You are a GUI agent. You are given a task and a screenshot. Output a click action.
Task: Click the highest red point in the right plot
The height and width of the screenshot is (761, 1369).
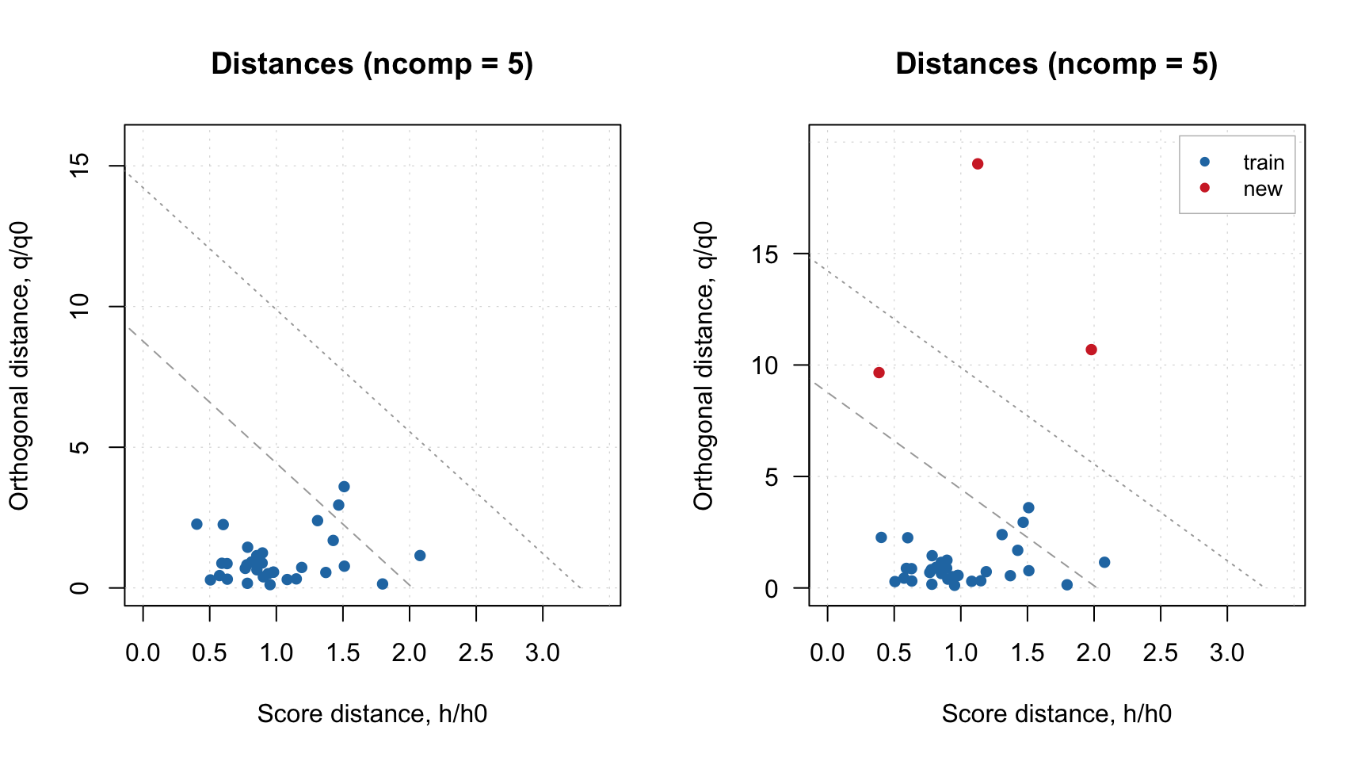click(x=978, y=164)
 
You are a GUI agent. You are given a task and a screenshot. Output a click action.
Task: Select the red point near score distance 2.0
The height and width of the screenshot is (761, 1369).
click(x=1091, y=350)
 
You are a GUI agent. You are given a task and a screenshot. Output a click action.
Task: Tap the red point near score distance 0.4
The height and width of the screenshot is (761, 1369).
click(x=879, y=373)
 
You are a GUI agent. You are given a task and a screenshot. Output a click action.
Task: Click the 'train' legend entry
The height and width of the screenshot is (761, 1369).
click(x=1263, y=163)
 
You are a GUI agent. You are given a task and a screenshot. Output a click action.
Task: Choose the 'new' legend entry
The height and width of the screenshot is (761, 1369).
click(x=1262, y=189)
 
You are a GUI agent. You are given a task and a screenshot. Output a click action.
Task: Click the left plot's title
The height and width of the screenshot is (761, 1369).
click(x=372, y=64)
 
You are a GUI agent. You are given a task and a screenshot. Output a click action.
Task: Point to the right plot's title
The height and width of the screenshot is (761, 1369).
click(x=1056, y=64)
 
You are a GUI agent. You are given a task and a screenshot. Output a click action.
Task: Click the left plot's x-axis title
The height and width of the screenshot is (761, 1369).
click(x=372, y=714)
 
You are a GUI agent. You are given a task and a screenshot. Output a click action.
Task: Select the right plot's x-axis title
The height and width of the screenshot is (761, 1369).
click(x=1056, y=714)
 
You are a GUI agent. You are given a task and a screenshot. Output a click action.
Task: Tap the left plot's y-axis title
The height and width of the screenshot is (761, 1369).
click(x=19, y=365)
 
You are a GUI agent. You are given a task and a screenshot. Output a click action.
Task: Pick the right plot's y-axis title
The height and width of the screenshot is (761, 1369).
click(x=704, y=365)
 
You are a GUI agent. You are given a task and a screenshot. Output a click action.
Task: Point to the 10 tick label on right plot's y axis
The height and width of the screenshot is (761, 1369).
click(x=765, y=365)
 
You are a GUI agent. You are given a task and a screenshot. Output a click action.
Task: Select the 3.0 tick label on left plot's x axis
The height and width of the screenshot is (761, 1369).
click(x=543, y=653)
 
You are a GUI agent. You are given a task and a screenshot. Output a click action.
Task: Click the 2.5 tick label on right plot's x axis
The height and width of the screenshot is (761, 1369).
click(x=1161, y=653)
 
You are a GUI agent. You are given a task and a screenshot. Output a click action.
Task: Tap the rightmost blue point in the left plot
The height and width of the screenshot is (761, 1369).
click(x=420, y=556)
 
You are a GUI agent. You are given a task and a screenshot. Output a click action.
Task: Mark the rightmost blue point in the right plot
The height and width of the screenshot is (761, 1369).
click(x=1104, y=562)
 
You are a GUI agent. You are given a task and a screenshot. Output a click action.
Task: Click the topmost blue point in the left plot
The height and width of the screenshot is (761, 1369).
click(x=344, y=487)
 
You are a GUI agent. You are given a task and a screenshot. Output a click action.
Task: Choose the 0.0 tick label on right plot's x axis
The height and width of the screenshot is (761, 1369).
click(x=827, y=653)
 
